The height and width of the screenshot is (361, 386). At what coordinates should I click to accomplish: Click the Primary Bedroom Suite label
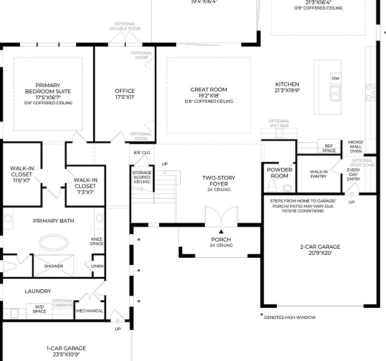[x=48, y=91]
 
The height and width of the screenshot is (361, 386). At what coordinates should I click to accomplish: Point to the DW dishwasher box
[x=335, y=79]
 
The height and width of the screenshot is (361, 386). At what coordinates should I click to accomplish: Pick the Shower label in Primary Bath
[x=54, y=266]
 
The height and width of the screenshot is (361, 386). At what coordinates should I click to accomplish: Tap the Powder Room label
[x=279, y=173]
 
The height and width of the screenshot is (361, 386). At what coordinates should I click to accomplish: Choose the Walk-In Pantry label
[x=318, y=174]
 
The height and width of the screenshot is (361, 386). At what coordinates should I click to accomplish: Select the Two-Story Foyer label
[x=218, y=181]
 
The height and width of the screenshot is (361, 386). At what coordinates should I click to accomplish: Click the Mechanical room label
[x=89, y=311]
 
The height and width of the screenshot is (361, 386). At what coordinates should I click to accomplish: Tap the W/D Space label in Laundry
[x=40, y=308]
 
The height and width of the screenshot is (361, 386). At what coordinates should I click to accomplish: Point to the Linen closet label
[x=97, y=266]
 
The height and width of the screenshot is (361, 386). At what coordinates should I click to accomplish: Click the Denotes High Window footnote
[x=289, y=317]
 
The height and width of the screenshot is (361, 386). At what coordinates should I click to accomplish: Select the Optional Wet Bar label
[x=279, y=123]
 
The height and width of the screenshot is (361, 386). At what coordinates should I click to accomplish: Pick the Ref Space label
[x=329, y=148]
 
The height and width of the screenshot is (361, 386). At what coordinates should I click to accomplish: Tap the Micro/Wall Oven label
[x=355, y=147]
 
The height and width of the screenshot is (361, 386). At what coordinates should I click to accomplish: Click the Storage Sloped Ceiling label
[x=142, y=177]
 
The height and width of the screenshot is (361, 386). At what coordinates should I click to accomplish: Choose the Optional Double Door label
[x=125, y=27]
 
